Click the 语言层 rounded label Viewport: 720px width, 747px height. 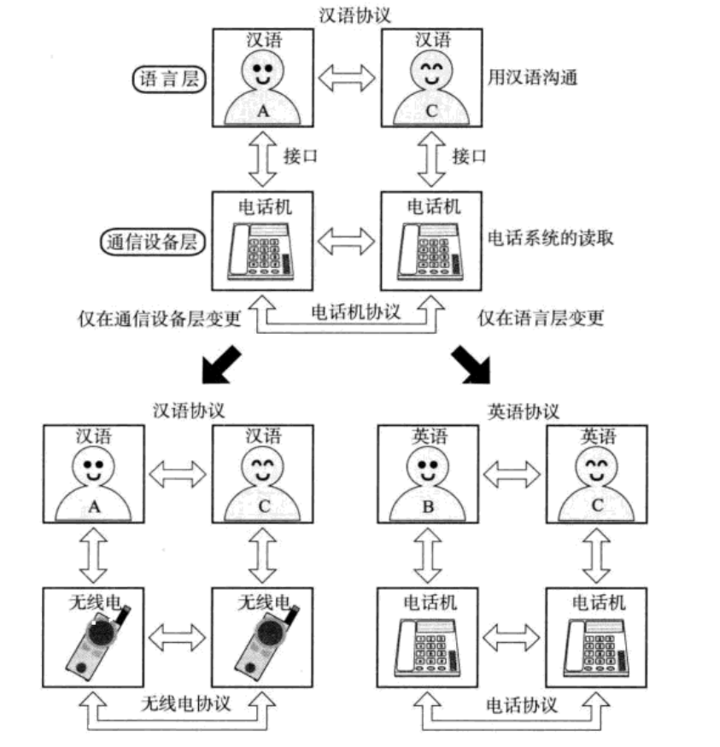coord(169,79)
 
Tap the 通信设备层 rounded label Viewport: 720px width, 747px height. coord(153,242)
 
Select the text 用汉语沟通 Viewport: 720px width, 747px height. coord(532,77)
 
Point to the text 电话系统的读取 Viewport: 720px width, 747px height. coord(550,237)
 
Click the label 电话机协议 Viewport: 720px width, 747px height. coord(355,312)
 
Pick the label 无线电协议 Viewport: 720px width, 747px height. coord(186,703)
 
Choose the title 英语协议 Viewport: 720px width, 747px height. coord(524,411)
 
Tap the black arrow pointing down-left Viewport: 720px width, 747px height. coord(221,365)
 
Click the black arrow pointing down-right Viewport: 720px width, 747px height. coord(471,365)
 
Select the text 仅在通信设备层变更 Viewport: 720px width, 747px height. coord(160,318)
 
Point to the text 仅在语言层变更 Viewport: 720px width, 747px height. coord(541,318)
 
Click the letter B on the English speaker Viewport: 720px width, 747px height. coord(428,507)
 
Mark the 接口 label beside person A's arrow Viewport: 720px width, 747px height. coord(300,156)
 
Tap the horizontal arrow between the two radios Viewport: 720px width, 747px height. coord(178,638)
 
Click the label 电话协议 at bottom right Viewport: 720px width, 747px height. coord(522,705)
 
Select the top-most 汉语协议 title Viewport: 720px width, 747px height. coord(354,15)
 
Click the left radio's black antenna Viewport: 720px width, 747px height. coord(122,615)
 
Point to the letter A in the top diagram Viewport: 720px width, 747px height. coord(263,111)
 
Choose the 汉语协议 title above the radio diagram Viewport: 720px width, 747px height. coord(188,410)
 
